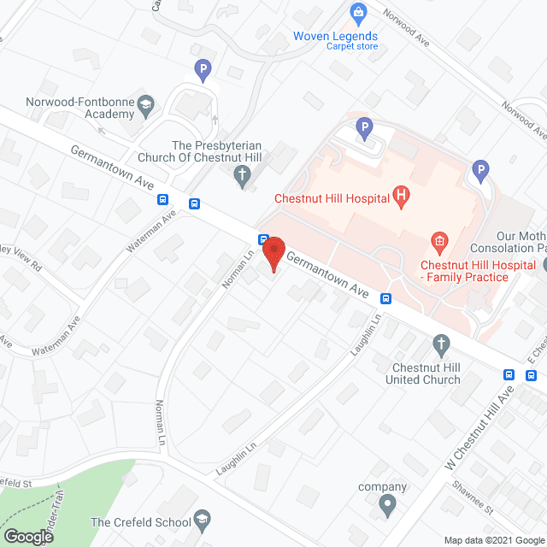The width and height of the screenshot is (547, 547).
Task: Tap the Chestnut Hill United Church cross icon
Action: tap(441, 345)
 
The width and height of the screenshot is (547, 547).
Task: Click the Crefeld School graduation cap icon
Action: tap(202, 520)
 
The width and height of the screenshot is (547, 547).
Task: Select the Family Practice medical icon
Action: tap(439, 242)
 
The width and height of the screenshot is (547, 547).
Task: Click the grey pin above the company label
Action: tap(387, 506)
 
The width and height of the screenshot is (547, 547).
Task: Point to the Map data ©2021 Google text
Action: tap(494, 540)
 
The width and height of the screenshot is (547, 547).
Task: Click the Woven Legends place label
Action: tap(335, 36)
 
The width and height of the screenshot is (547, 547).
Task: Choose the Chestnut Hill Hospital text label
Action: tap(332, 199)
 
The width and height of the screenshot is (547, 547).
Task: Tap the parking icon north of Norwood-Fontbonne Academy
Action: tap(203, 68)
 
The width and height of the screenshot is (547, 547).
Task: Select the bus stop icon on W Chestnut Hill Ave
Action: tap(509, 374)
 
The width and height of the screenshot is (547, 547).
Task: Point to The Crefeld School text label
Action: tap(140, 522)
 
